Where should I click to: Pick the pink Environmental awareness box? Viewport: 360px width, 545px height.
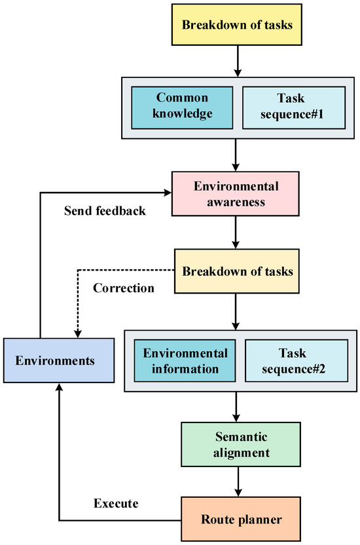(x=235, y=195)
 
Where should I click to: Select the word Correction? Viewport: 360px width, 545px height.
(x=124, y=288)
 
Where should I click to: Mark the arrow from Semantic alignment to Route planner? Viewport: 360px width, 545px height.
(x=235, y=479)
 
